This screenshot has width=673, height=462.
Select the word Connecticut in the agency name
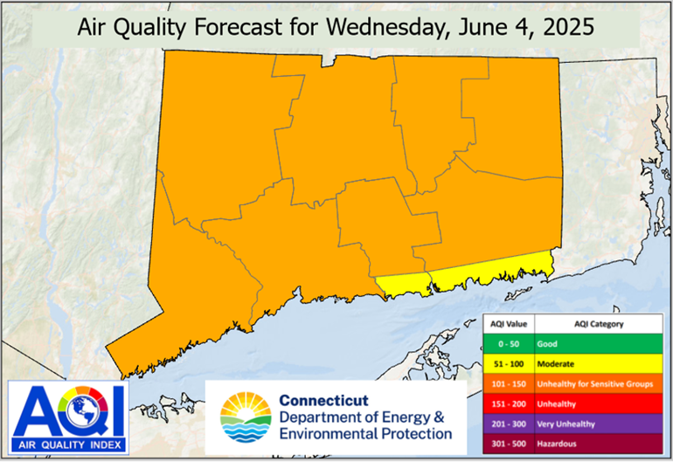323,400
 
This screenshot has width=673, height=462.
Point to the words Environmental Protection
365,433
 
